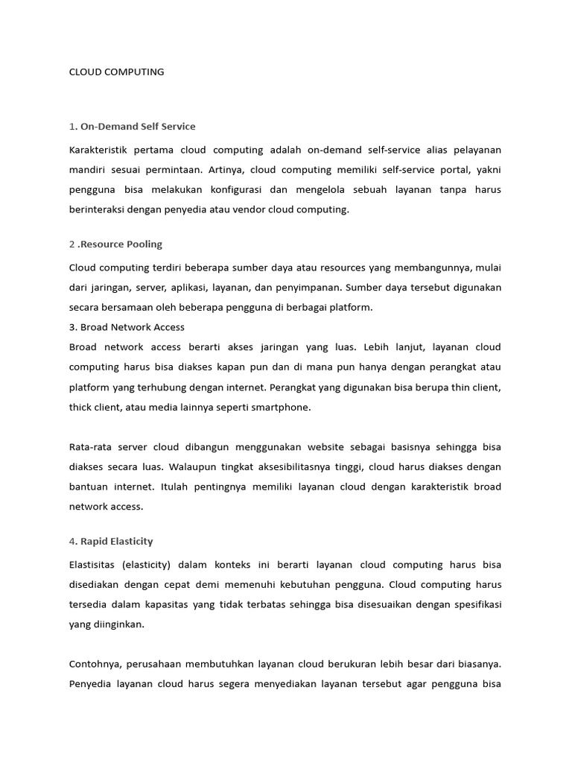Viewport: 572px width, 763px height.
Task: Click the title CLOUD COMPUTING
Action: [116, 72]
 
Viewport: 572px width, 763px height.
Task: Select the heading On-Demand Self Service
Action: [137, 126]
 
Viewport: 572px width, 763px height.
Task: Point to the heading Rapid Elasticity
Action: [115, 541]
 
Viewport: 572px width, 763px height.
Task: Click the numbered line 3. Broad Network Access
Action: [127, 327]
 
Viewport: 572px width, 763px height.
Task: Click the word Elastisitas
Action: [92, 565]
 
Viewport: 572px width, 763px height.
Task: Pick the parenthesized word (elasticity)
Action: [154, 565]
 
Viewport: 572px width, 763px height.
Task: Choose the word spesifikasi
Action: [474, 604]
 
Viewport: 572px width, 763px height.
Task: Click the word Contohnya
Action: [96, 664]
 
